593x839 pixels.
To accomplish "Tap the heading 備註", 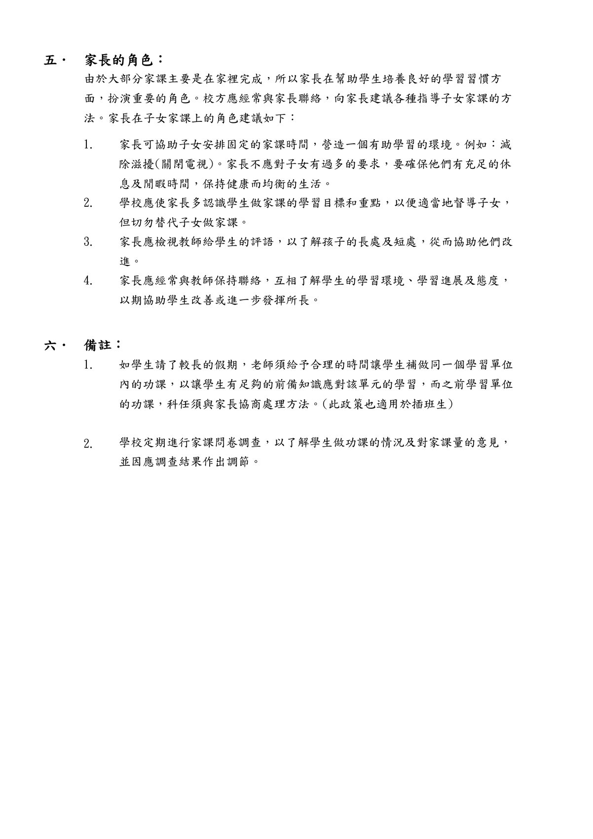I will point(98,345).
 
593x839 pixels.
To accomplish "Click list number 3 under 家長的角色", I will point(88,242).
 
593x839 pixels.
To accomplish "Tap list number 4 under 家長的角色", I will point(88,281).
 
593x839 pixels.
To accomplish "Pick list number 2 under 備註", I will point(88,444).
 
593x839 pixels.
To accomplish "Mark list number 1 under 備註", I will point(88,365).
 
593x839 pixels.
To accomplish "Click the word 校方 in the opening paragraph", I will point(217,99).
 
